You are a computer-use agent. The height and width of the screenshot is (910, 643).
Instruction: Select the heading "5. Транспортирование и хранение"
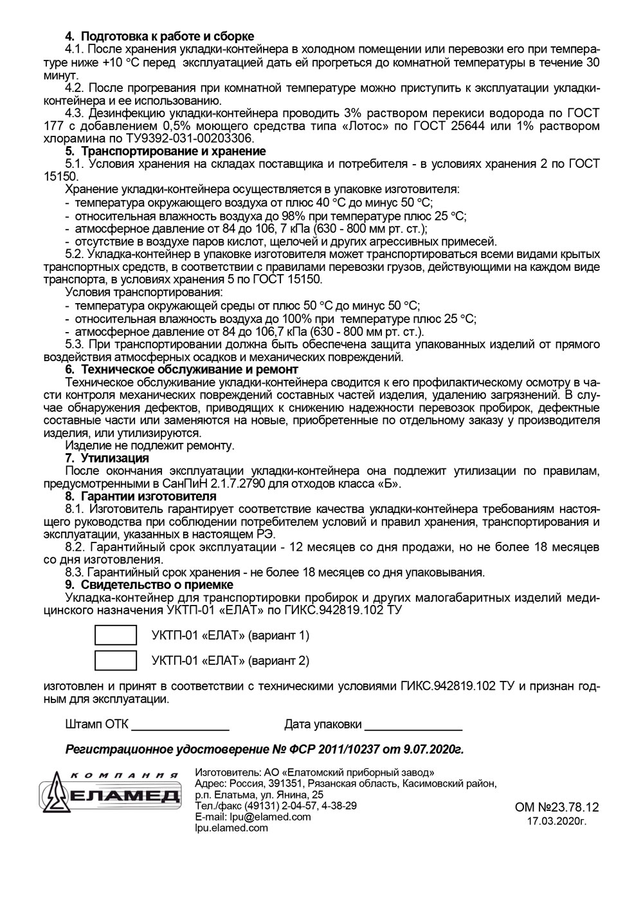[x=165, y=151]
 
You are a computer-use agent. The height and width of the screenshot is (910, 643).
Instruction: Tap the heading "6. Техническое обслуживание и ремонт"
[x=181, y=369]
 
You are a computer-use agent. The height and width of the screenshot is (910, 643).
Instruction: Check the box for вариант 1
[x=116, y=635]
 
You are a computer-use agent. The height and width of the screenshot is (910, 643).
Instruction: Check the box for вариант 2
[x=116, y=660]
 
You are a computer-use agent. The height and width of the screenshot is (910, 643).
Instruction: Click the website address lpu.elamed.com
[x=231, y=828]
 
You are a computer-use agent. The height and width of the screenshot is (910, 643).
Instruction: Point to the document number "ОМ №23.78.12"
[x=557, y=807]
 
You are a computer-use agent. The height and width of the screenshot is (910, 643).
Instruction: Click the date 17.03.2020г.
[x=557, y=821]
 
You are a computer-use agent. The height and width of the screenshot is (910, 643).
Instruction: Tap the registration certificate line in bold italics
[x=264, y=750]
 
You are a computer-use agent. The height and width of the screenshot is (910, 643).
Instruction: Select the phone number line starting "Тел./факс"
[x=276, y=806]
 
